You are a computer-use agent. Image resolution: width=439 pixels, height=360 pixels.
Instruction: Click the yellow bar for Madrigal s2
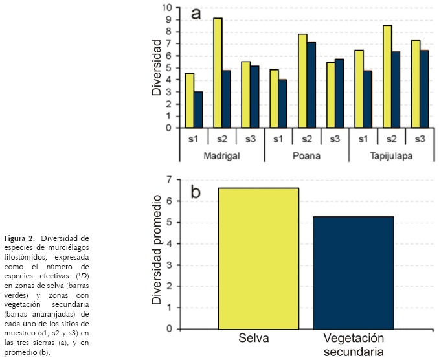pyautogui.click(x=218, y=73)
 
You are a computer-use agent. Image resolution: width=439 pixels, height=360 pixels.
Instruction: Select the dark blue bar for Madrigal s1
pyautogui.click(x=198, y=109)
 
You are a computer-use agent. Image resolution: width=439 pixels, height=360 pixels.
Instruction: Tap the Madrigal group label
pyautogui.click(x=222, y=157)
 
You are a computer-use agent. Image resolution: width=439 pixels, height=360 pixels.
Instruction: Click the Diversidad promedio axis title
pyautogui.click(x=156, y=253)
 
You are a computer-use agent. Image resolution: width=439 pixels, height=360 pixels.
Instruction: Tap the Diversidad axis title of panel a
pyautogui.click(x=157, y=67)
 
